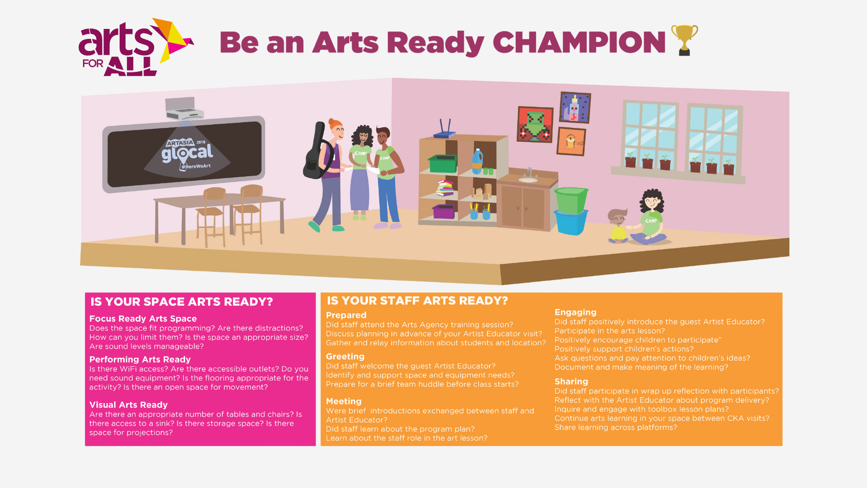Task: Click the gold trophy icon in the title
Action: [x=685, y=40]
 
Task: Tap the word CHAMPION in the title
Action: [x=579, y=42]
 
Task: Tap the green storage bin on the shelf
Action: [x=443, y=164]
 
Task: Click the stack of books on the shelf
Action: [x=445, y=188]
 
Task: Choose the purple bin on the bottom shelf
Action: [x=444, y=211]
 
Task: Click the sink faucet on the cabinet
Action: [x=529, y=173]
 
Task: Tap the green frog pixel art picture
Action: [x=535, y=124]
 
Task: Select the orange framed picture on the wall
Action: [x=571, y=141]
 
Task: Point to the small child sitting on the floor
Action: [x=618, y=226]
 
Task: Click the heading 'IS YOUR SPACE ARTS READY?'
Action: [x=182, y=302]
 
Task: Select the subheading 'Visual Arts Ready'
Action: [x=128, y=405]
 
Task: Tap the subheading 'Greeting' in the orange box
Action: [x=345, y=357]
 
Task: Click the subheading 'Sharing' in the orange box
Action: [x=571, y=381]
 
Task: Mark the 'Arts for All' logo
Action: [x=135, y=47]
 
